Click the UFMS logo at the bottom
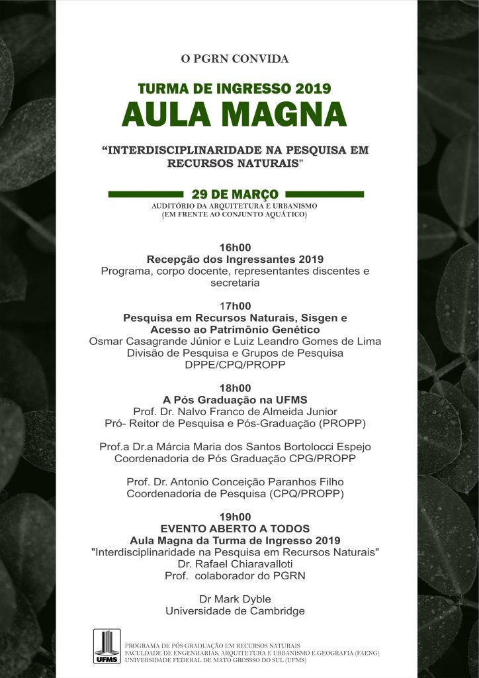click(x=107, y=646)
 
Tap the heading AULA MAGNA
click(x=234, y=114)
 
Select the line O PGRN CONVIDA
click(x=235, y=59)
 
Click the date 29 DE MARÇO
click(x=235, y=195)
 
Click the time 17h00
click(x=235, y=306)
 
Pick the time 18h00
click(x=235, y=388)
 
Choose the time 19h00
click(x=235, y=517)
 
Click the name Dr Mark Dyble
click(x=235, y=599)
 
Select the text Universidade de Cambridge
click(x=235, y=611)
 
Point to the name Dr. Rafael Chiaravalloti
click(x=235, y=564)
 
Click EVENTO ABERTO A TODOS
click(x=235, y=529)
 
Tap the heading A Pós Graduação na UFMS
click(x=235, y=400)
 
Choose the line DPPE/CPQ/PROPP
click(x=235, y=365)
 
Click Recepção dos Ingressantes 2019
click(x=235, y=259)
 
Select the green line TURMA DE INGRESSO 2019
click(x=234, y=88)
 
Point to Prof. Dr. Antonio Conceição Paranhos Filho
click(x=235, y=482)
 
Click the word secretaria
click(x=235, y=283)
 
